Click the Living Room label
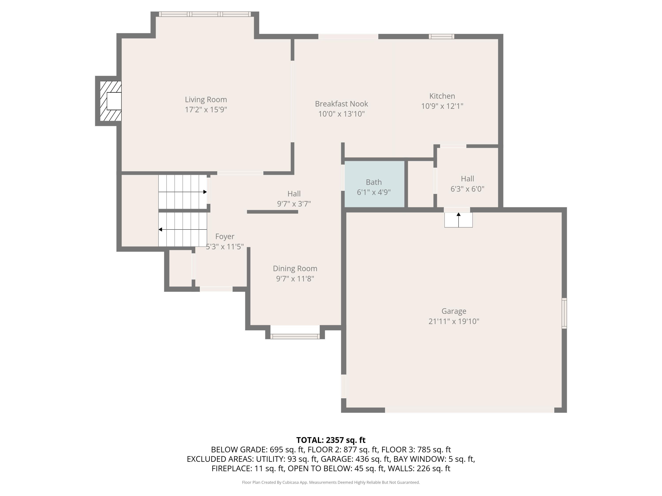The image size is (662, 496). (206, 100)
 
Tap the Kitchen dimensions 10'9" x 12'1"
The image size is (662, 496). (442, 106)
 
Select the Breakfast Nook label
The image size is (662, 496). (341, 104)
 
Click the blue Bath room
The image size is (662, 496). (374, 184)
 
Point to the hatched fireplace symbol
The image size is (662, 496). (110, 101)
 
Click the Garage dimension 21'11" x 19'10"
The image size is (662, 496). (454, 321)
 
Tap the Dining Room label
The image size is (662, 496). (295, 269)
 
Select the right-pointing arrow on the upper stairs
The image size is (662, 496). (205, 192)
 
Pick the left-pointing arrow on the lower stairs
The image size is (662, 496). (160, 230)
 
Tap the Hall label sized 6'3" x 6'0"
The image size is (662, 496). (467, 179)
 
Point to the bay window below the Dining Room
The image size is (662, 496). (295, 336)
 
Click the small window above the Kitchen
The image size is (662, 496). (441, 36)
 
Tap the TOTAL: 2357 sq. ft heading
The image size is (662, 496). (331, 440)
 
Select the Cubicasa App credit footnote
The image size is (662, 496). (331, 482)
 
